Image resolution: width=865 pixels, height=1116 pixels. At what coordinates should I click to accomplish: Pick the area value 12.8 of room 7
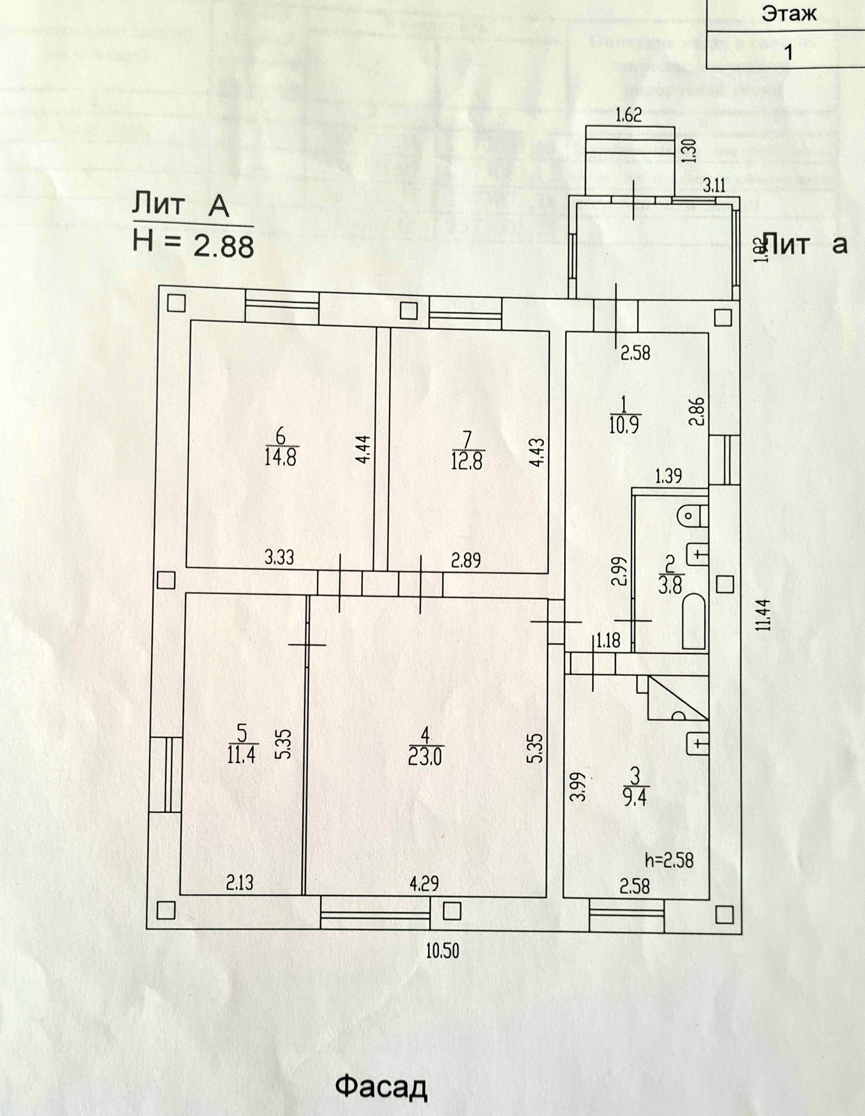[467, 458]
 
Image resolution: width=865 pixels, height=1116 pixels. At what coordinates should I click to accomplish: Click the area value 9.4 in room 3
[635, 797]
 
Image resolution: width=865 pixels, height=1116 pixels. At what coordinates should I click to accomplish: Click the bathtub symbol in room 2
[694, 621]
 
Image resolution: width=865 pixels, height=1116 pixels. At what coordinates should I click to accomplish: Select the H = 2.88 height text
[193, 245]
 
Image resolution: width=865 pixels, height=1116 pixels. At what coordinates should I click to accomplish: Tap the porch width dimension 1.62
[628, 115]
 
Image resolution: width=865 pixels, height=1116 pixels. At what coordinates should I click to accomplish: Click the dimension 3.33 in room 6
[280, 557]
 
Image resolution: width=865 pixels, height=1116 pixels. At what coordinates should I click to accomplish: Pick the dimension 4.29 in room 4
[424, 885]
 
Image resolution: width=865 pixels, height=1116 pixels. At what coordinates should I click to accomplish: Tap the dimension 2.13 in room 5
[239, 884]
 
